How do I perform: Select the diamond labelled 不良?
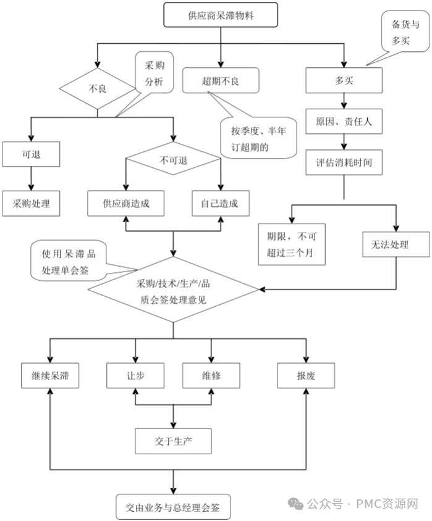(98, 88)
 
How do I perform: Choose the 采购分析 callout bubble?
(155, 73)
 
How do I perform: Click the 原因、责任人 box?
(344, 122)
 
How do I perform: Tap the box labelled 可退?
(31, 154)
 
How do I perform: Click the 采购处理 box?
(31, 204)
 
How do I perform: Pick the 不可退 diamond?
(174, 160)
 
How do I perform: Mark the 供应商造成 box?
(126, 204)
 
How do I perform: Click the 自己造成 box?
(219, 204)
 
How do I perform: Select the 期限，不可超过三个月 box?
(292, 244)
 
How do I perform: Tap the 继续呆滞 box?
(49, 375)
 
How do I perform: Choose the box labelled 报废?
(306, 375)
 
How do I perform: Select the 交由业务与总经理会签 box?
(174, 507)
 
